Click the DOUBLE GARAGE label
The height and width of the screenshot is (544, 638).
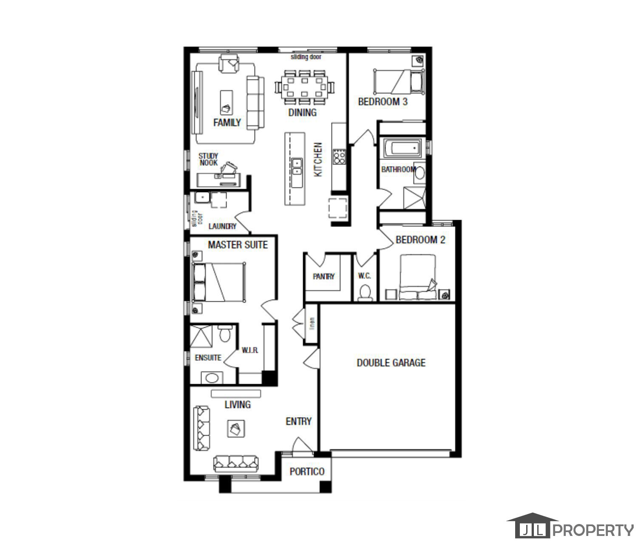391,363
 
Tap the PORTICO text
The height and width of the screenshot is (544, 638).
307,472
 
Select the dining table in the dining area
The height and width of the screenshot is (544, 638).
303,87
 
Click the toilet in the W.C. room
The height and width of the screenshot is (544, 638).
365,292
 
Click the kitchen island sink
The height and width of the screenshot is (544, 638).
297,166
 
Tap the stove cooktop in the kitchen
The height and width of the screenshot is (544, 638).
339,157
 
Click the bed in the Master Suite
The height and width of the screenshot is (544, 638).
219,282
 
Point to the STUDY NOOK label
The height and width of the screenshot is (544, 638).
208,159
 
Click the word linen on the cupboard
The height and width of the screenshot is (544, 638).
312,324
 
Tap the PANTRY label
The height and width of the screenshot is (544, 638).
323,276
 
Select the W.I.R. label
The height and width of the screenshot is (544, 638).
250,351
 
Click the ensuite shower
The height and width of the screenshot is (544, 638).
201,336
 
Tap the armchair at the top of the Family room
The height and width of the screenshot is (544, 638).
229,63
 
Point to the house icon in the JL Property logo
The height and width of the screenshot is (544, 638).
532,526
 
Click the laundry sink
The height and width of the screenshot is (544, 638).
201,198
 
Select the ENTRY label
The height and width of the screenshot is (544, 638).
298,421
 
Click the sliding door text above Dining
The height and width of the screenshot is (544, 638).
306,57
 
